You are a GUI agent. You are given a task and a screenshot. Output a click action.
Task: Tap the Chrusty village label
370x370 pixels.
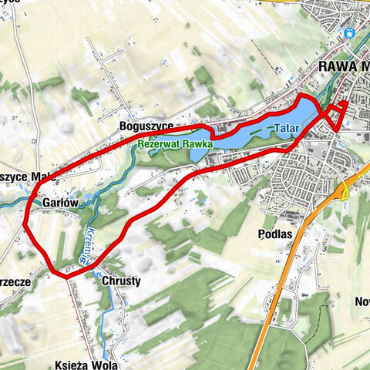click(x=121, y=281)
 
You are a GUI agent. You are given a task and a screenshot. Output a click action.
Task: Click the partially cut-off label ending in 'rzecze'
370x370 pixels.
click(x=15, y=282)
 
